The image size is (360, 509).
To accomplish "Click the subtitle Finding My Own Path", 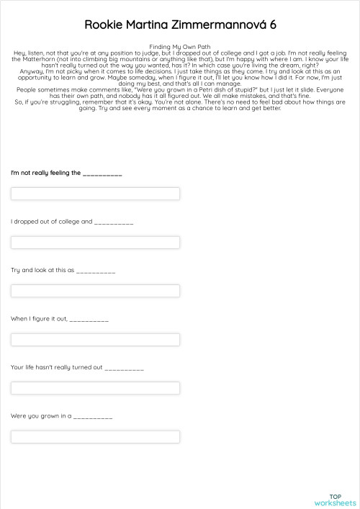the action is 179,46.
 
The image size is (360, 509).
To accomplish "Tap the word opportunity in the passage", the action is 35,77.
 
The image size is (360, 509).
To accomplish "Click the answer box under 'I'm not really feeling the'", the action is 95,194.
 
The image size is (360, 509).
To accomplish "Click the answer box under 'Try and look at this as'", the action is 95,291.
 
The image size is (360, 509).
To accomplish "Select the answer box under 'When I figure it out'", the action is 95,340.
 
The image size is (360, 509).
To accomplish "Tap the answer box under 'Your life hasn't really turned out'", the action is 95,388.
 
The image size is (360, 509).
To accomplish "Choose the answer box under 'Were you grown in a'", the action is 95,437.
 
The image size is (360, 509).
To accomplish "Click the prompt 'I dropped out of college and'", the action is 52,222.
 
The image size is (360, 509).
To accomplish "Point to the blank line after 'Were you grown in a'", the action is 93,417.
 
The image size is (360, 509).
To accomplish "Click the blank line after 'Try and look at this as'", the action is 96,271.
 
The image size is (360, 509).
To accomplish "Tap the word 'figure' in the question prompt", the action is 40,318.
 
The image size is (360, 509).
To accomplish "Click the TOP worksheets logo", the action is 335,500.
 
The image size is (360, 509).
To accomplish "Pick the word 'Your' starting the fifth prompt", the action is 17,367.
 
